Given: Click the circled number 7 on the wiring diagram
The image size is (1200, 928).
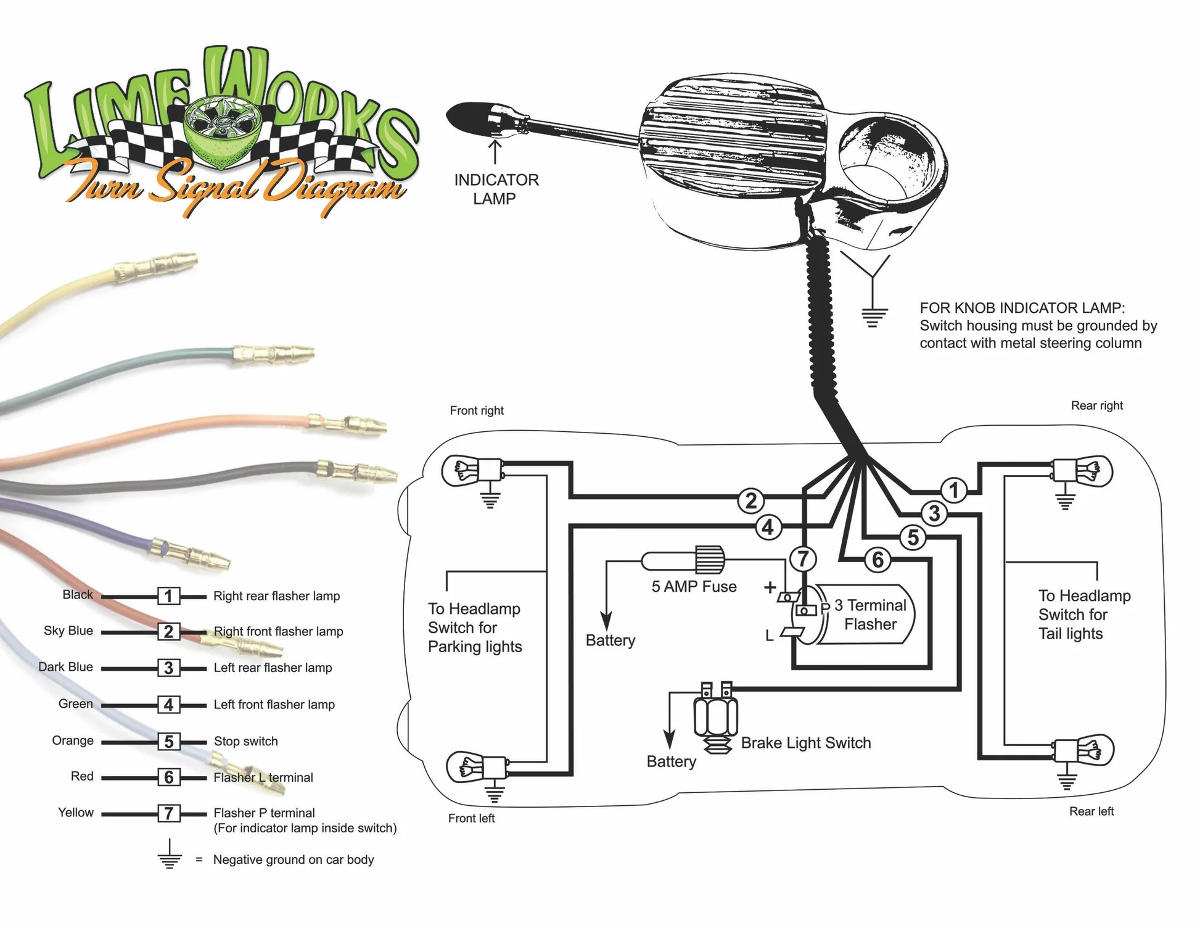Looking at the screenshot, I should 803,559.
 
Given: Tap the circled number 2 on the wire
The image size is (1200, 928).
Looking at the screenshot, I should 751,500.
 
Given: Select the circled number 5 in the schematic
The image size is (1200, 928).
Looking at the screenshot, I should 913,537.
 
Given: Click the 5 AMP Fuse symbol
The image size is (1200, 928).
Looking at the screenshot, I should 683,560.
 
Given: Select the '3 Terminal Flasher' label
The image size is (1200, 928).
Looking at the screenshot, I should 870,615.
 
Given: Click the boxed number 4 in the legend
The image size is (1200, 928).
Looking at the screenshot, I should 169,705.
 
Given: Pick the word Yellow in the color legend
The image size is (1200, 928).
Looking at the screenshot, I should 75,813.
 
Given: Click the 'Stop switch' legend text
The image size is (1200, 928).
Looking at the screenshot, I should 245,741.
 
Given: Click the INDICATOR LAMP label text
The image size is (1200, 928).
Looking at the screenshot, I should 496,189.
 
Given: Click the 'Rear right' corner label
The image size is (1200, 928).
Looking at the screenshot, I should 1096,405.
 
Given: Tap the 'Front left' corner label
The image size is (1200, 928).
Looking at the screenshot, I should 471,818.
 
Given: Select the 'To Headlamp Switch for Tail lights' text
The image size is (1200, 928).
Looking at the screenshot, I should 1084,615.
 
